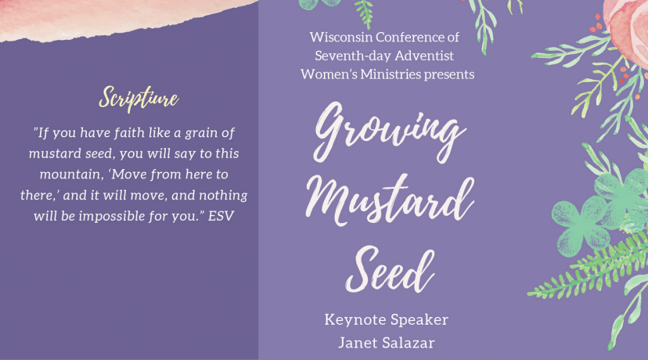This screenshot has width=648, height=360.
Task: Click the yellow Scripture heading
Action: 139,99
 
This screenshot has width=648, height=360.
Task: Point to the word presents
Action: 449,75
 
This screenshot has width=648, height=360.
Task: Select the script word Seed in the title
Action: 390,269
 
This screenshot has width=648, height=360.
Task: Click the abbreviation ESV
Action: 221,216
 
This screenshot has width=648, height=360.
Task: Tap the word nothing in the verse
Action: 224,196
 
